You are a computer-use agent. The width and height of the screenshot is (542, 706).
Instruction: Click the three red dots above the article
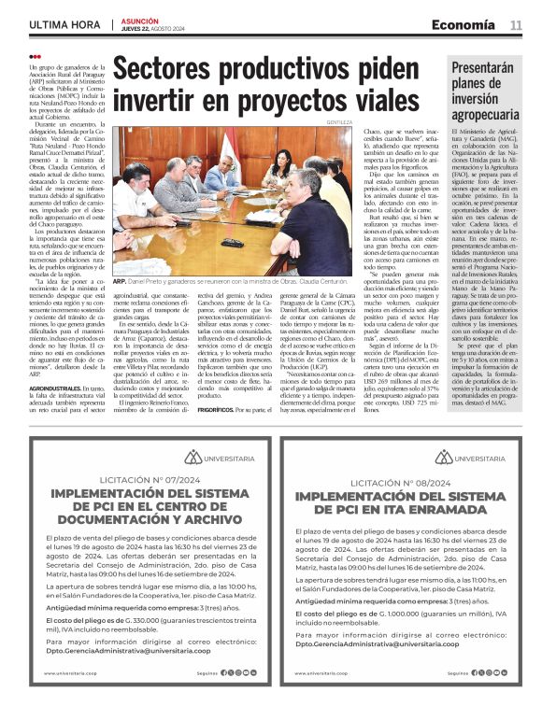click(35, 57)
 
